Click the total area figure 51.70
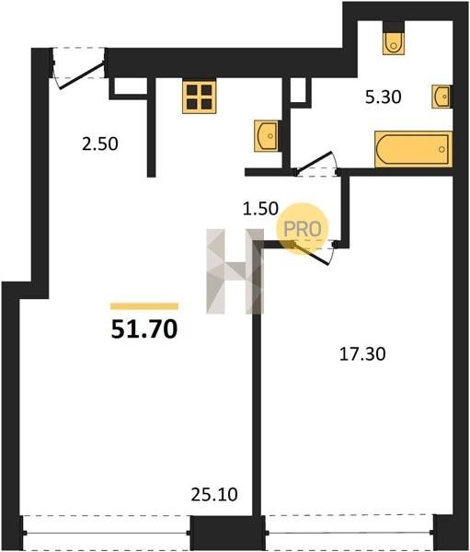tap(144, 330)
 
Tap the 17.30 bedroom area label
tap(362, 354)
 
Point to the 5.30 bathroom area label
tap(383, 97)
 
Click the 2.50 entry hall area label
tap(100, 144)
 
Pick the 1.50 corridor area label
tap(260, 209)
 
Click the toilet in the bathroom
tap(394, 43)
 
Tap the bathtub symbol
tap(413, 149)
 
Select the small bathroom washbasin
tap(442, 96)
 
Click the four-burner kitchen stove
tap(199, 98)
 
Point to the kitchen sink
tap(267, 135)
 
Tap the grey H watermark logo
tap(235, 271)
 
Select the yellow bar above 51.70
tap(144, 306)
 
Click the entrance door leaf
tap(83, 76)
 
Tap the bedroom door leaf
tap(311, 253)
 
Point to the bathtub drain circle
tap(441, 149)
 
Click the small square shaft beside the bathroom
tap(299, 90)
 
